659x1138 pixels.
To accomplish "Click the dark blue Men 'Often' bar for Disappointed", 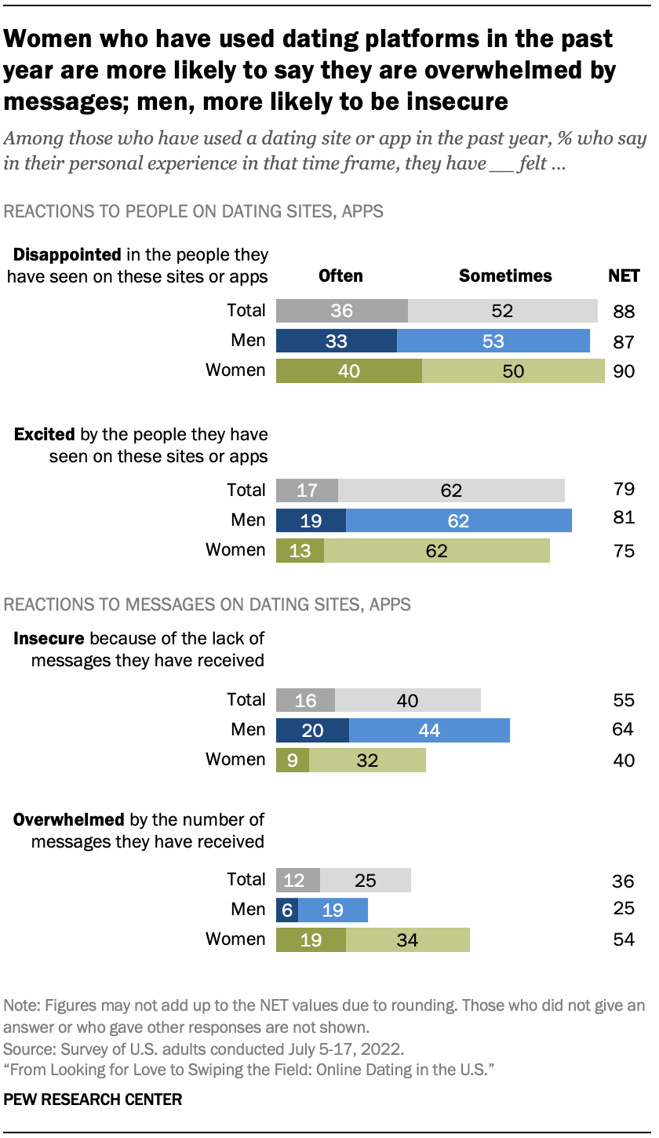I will [337, 341].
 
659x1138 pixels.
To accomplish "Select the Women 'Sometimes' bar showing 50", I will [513, 370].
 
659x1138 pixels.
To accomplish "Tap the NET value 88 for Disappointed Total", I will [624, 312].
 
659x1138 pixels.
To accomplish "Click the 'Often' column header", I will [340, 275].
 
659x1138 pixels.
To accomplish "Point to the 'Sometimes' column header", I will [505, 275].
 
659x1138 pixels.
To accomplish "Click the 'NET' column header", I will [624, 275].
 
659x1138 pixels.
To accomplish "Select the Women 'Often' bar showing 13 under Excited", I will [300, 550].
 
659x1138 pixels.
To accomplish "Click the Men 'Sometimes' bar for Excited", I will [458, 520].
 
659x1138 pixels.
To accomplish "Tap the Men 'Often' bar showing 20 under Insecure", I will [312, 731].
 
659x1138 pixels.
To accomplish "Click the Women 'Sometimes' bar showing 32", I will [367, 760].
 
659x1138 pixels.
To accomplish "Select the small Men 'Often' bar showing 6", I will [286, 910].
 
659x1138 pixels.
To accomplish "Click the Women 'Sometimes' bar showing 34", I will [407, 939].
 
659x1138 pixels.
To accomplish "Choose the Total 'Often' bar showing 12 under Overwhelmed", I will [298, 880].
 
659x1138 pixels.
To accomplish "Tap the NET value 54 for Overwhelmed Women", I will [624, 939].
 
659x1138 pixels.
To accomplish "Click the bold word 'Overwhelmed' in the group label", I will [69, 820].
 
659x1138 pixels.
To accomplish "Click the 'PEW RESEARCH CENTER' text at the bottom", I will [93, 1100].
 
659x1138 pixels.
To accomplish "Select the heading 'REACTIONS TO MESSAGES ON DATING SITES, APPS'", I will [208, 604].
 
